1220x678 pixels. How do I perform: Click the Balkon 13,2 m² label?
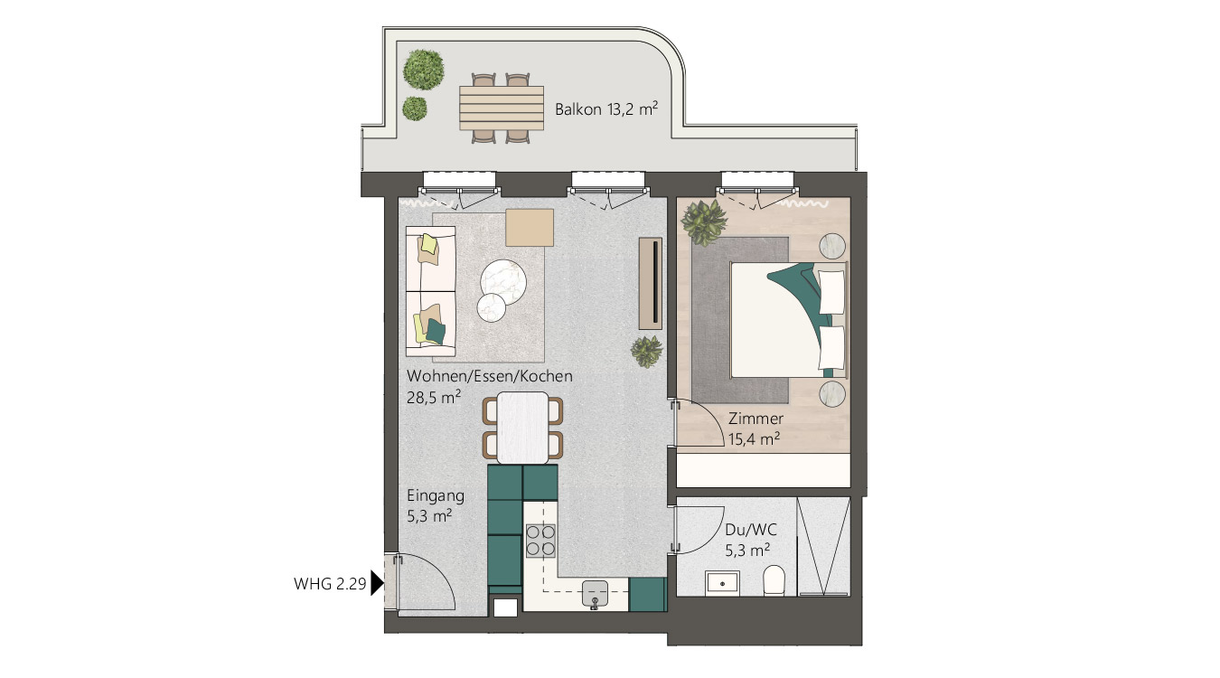point(606,109)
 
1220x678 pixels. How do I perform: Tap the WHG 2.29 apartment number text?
point(330,584)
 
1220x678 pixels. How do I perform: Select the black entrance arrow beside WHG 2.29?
point(377,583)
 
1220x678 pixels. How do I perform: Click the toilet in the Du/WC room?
point(774,580)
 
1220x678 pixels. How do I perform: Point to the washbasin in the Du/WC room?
point(722,583)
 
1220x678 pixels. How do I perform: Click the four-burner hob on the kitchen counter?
point(540,540)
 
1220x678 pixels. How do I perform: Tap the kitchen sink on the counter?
point(595,594)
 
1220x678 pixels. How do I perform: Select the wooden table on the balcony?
point(501,108)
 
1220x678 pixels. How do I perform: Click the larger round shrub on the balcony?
point(423,70)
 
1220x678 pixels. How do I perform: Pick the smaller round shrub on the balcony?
point(415,108)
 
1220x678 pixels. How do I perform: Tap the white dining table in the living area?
point(523,428)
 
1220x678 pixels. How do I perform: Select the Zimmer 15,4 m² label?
point(755,428)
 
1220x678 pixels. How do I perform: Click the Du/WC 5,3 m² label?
point(747,540)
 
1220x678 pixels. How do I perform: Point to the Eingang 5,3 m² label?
point(436,505)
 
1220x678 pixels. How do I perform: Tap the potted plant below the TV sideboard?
point(647,351)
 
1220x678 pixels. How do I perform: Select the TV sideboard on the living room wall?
point(651,284)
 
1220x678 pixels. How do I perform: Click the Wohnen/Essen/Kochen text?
point(490,376)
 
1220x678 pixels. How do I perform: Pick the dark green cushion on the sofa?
point(436,330)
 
